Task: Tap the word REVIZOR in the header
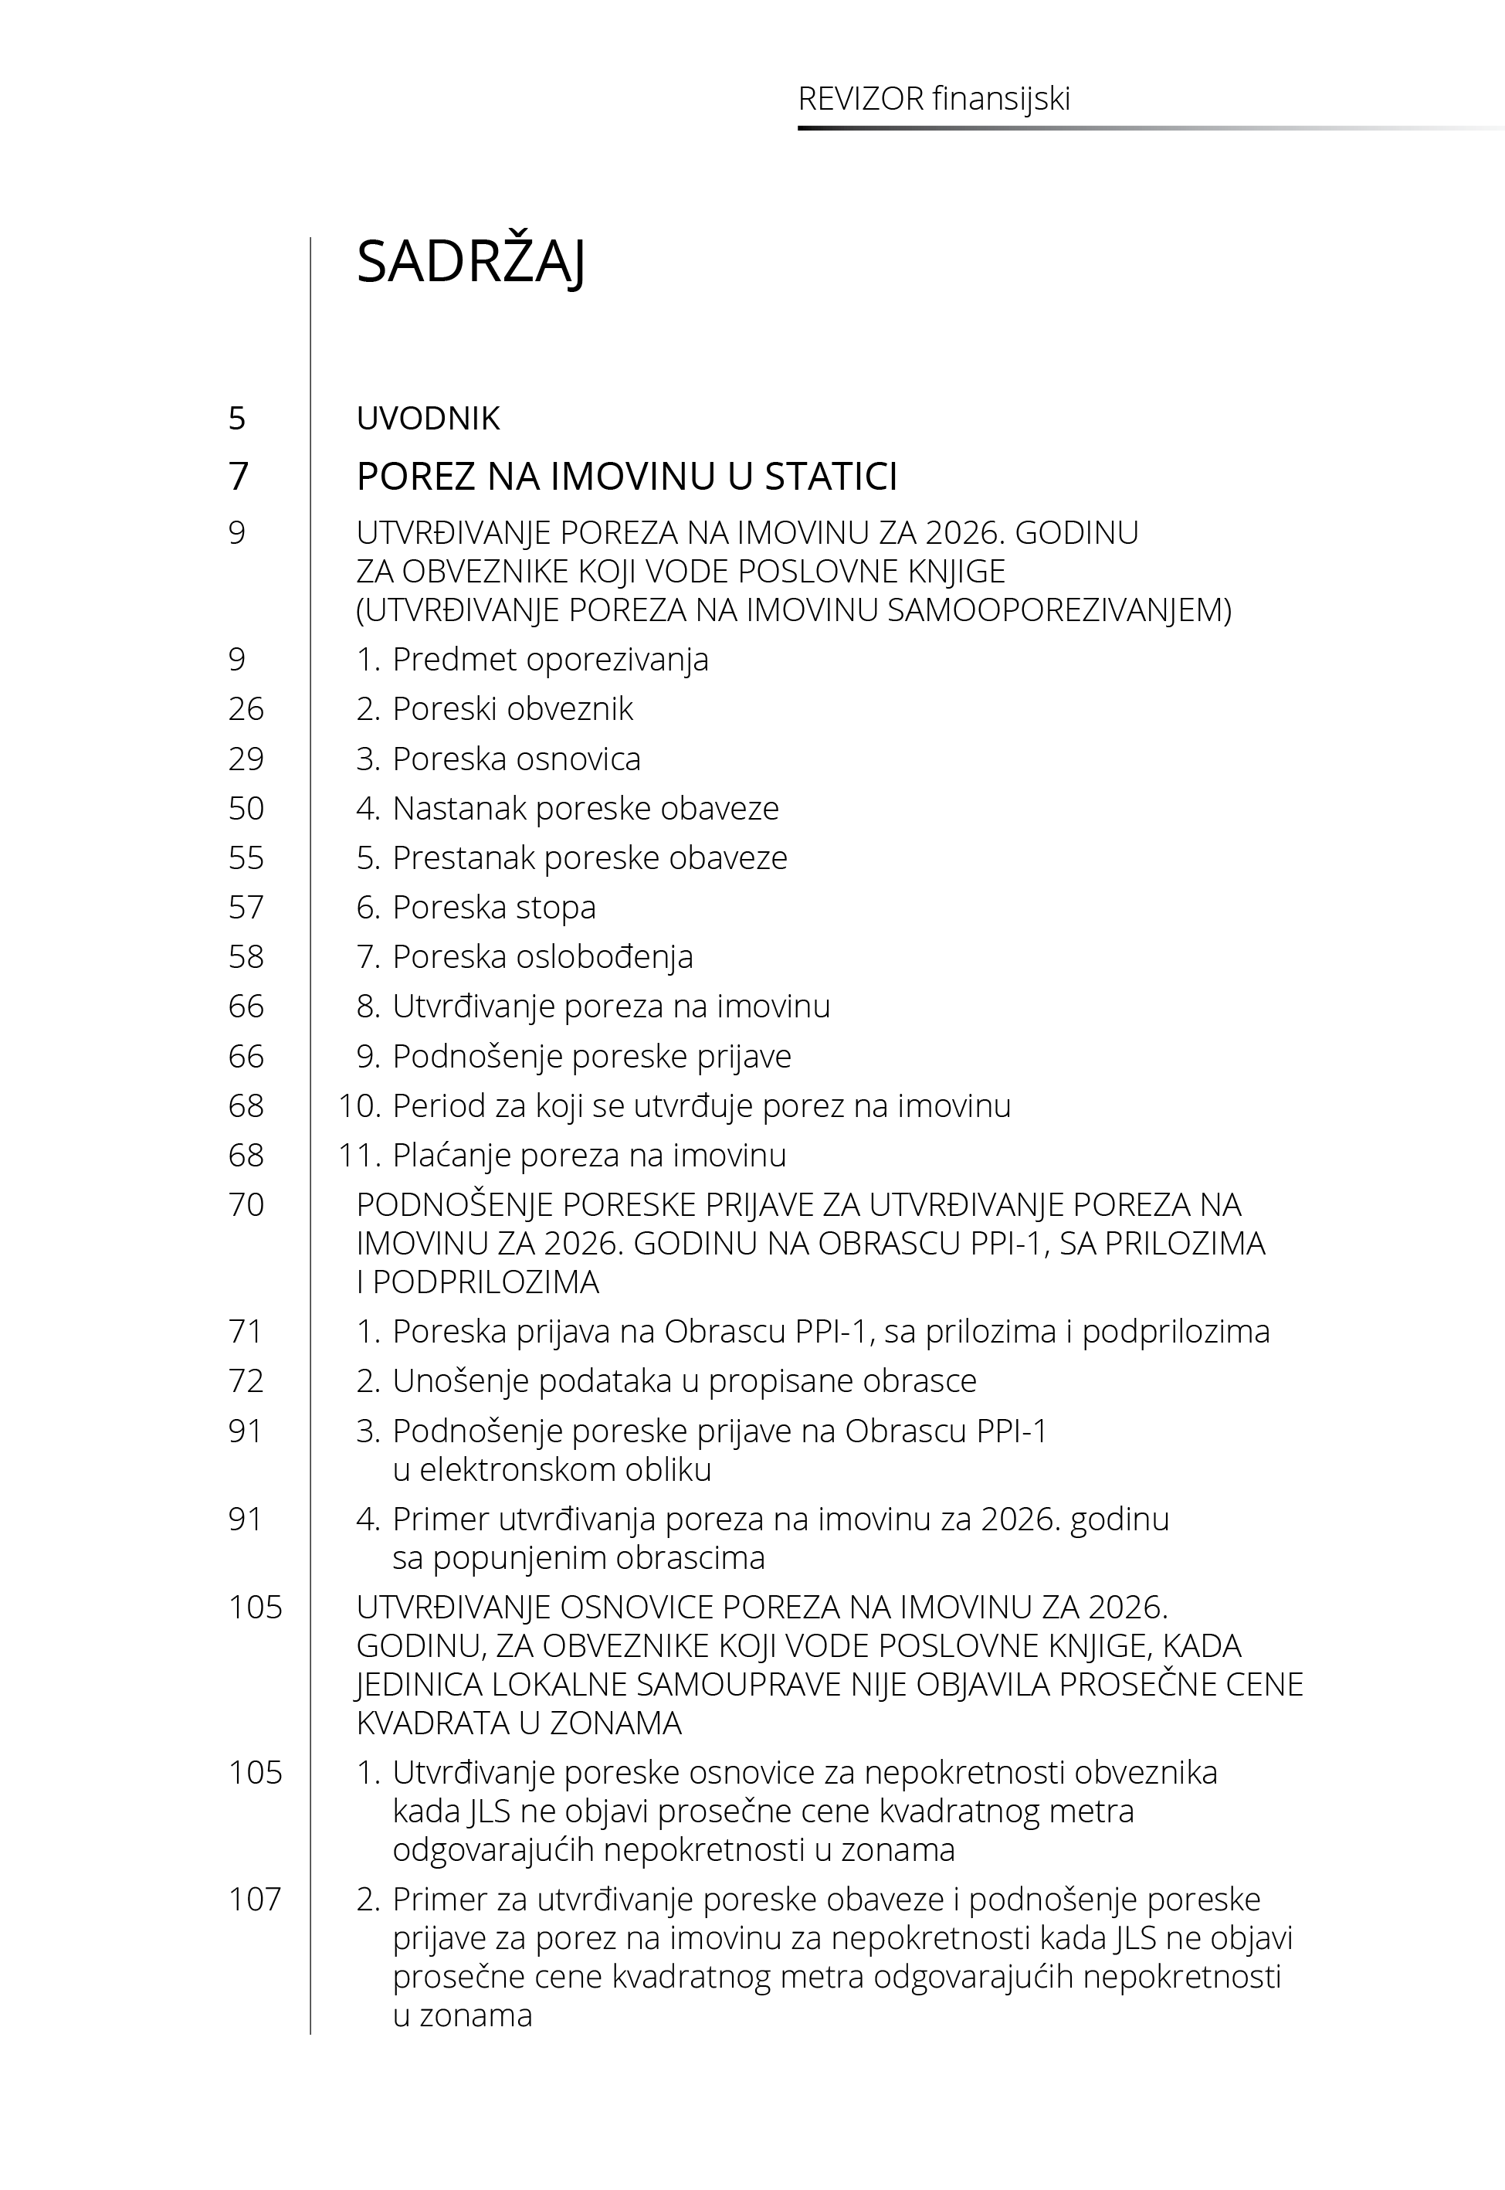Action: click(x=860, y=99)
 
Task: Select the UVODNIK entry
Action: click(x=428, y=418)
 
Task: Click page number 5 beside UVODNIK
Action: click(x=237, y=418)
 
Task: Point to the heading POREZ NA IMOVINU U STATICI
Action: click(x=626, y=477)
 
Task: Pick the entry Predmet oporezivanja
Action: click(x=550, y=659)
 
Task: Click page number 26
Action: click(x=246, y=709)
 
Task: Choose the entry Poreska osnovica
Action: click(x=516, y=759)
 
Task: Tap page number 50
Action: click(x=246, y=808)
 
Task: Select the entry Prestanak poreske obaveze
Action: click(x=589, y=858)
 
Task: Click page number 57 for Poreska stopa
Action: click(x=246, y=908)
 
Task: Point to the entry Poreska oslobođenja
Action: click(x=542, y=957)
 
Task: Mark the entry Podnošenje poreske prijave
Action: click(x=591, y=1056)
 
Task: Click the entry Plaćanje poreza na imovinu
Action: click(x=588, y=1156)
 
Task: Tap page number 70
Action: click(x=246, y=1205)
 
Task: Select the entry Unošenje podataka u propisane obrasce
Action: click(x=683, y=1382)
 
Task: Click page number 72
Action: click(x=246, y=1382)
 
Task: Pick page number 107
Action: click(x=255, y=1900)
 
